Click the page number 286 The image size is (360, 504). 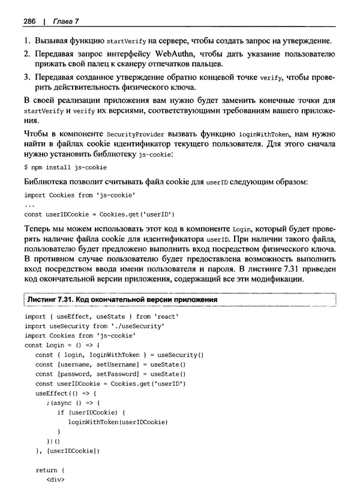(29, 22)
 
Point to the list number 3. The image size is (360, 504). (26, 78)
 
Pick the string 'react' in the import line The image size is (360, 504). (165, 316)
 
